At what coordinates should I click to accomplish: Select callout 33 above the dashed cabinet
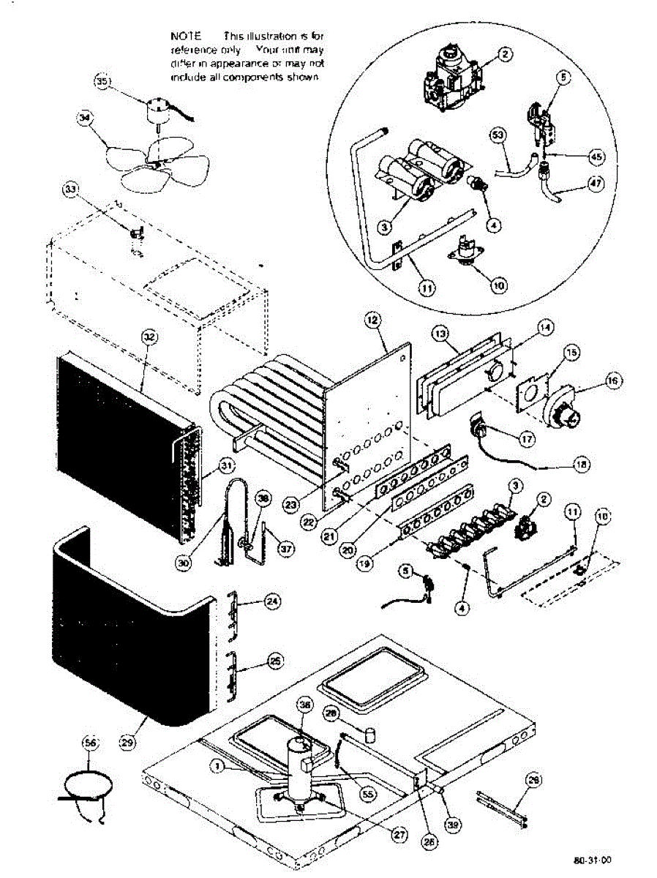click(70, 190)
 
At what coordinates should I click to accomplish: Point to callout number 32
click(149, 337)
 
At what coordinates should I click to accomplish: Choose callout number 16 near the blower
click(612, 380)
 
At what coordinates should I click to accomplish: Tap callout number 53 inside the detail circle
click(498, 135)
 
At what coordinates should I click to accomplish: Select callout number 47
click(595, 184)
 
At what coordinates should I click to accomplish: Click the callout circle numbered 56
click(91, 743)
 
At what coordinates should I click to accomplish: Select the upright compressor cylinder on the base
click(301, 775)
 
